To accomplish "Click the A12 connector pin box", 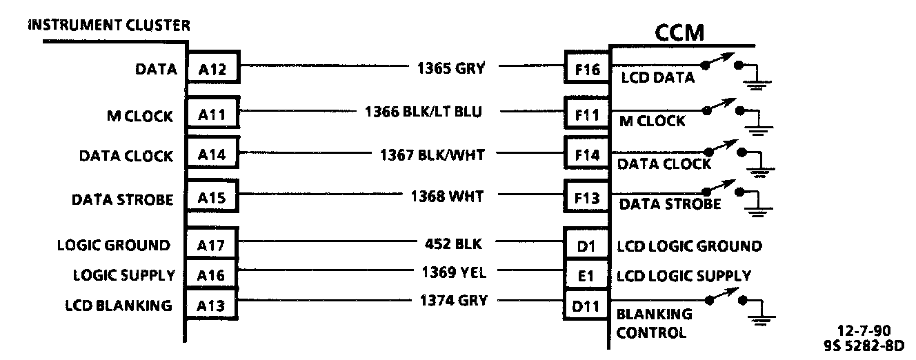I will pyautogui.click(x=212, y=68).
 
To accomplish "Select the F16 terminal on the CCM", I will pyautogui.click(x=586, y=68).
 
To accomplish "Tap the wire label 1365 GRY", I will pyautogui.click(x=451, y=68).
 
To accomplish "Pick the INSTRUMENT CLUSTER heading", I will pyautogui.click(x=109, y=26).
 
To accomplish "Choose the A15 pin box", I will pyautogui.click(x=212, y=199).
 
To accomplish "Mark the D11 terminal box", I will pyautogui.click(x=586, y=303).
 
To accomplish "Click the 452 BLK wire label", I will pyautogui.click(x=453, y=243).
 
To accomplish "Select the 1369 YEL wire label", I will pyautogui.click(x=454, y=272).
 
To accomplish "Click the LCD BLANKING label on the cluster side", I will pyautogui.click(x=119, y=306).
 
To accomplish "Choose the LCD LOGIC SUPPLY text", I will pyautogui.click(x=684, y=276).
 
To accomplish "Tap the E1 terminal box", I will pyautogui.click(x=586, y=275).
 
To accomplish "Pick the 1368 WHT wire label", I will pyautogui.click(x=446, y=197).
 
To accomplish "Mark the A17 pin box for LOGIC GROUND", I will pyautogui.click(x=212, y=245).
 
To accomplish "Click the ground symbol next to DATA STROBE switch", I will pyautogui.click(x=758, y=209).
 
